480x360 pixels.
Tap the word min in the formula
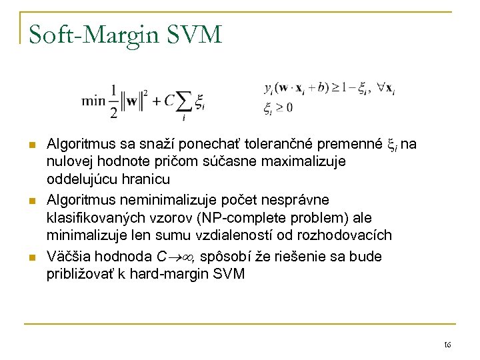(93, 101)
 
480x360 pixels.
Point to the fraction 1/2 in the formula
(113, 101)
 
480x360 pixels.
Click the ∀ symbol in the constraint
(380, 88)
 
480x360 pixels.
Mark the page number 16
(447, 344)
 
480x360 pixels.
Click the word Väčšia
(67, 256)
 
